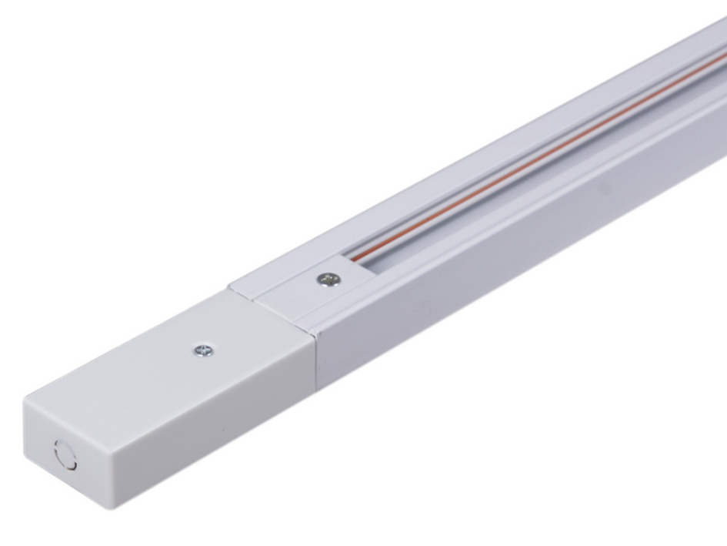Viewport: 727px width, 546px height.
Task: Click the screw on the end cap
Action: click(x=203, y=351)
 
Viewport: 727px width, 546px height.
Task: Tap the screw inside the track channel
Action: click(x=326, y=279)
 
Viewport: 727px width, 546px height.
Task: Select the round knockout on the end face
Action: click(x=65, y=455)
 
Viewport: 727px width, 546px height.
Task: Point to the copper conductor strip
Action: click(x=539, y=165)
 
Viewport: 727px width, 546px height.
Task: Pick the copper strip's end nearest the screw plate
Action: click(x=355, y=260)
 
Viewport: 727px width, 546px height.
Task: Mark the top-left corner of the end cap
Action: click(x=25, y=397)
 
